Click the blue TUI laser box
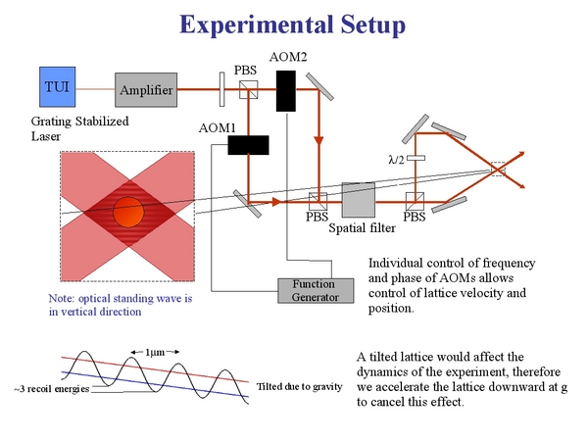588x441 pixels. click(58, 87)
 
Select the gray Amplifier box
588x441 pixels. click(146, 90)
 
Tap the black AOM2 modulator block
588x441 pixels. click(286, 91)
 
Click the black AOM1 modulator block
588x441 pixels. click(248, 145)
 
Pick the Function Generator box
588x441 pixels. click(316, 291)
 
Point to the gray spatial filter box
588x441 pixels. click(359, 200)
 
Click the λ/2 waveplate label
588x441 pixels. click(396, 160)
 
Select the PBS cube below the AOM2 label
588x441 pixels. click(249, 89)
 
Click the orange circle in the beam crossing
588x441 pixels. click(128, 212)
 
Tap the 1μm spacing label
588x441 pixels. click(155, 352)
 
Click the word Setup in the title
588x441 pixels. click(373, 24)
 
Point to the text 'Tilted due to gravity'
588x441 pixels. click(299, 387)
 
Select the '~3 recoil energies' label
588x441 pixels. click(52, 389)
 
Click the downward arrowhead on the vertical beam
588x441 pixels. click(318, 141)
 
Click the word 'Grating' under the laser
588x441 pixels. click(51, 122)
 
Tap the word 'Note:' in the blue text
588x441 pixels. click(62, 299)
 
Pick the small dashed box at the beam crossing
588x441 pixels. click(498, 170)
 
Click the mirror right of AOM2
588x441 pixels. click(319, 87)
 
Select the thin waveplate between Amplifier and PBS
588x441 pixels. click(222, 89)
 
